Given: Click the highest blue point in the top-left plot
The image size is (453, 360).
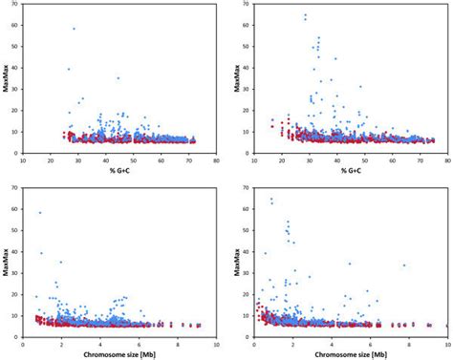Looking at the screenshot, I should coord(74,29).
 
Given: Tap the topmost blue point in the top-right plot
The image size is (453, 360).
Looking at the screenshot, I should coord(305,15).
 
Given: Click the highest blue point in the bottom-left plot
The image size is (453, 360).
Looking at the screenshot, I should coord(39,213).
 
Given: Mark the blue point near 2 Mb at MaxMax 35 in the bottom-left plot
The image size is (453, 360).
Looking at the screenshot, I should coord(61,262).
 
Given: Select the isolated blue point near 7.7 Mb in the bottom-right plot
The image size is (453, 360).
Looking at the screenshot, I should coord(404,265).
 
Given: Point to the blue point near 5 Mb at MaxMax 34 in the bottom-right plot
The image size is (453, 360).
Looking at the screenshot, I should coord(350,264).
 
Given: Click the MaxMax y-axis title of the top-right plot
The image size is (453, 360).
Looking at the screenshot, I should coord(235,76).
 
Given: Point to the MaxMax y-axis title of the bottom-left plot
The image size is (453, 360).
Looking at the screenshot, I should coord(7,263).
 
